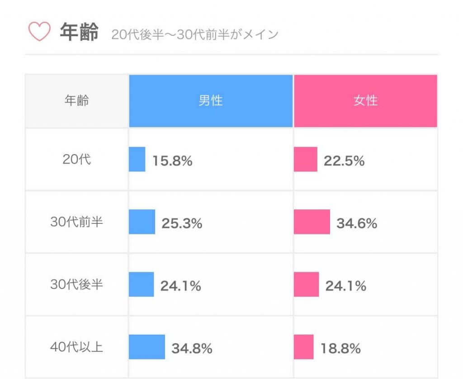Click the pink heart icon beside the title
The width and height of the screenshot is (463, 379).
pos(39,32)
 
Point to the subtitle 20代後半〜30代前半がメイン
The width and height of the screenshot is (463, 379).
pos(194,35)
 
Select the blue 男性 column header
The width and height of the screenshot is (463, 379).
pos(211,101)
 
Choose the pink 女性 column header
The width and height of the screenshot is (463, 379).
pos(365,101)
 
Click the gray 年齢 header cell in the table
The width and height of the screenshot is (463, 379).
pos(76,101)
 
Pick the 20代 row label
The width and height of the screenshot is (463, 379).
pos(76,160)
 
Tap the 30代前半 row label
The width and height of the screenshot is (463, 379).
pos(76,223)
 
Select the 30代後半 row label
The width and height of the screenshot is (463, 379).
pos(76,285)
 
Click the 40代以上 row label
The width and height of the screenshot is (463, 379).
pos(76,347)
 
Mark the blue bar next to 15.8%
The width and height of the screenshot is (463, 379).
pos(137,160)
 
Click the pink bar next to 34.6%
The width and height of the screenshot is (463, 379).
pos(312,223)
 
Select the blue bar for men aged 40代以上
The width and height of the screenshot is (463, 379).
pos(147,347)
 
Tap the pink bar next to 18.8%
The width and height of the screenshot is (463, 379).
pos(303,347)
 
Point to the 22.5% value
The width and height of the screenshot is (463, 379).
pos(344,161)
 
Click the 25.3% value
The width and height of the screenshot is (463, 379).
pos(182,223)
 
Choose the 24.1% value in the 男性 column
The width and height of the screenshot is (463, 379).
pos(180,286)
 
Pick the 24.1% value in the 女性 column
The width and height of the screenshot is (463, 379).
pos(345,286)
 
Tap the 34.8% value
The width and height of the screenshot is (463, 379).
pos(192,348)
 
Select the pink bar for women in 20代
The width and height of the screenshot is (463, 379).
pos(305,160)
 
